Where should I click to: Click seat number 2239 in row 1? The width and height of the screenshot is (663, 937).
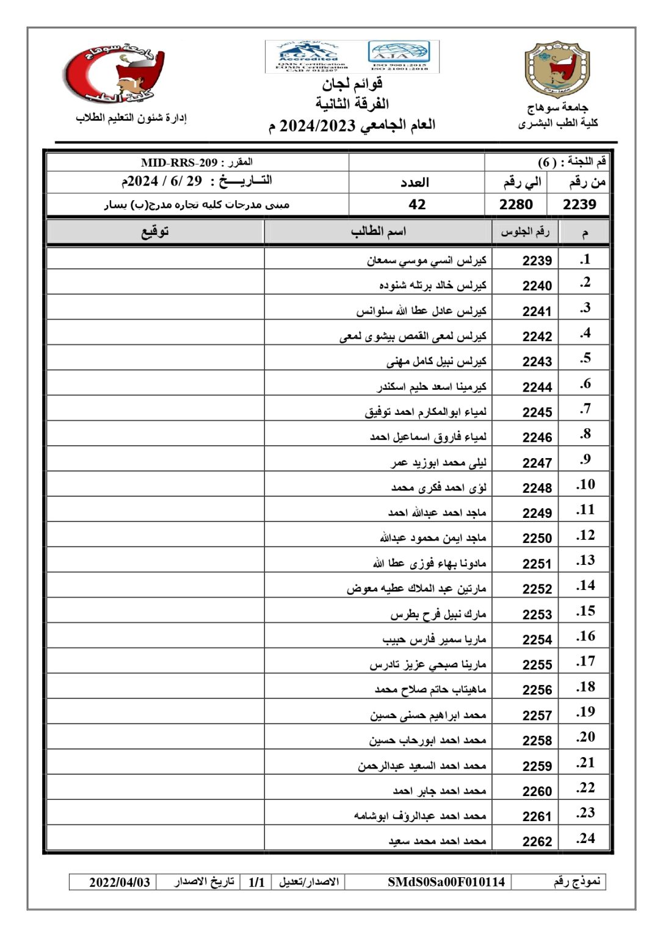[537, 260]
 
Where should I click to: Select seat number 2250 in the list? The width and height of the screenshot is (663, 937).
[537, 538]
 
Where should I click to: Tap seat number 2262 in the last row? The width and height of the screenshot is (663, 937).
[537, 841]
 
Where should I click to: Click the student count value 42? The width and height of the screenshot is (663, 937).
[417, 204]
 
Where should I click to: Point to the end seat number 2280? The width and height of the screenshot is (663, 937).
[516, 204]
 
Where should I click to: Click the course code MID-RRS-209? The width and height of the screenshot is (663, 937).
[179, 162]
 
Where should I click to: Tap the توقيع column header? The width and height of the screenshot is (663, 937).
[155, 231]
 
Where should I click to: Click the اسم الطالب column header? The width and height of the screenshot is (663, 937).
[379, 231]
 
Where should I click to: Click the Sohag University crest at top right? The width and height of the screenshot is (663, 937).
[557, 70]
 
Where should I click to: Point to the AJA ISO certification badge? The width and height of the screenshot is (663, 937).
[400, 57]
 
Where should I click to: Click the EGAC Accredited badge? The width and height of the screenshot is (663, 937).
[312, 57]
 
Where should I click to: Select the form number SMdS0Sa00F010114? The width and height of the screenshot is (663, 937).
[446, 882]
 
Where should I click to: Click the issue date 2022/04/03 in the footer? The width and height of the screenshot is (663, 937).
[120, 882]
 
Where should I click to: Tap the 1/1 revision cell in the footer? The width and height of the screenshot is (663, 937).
[256, 882]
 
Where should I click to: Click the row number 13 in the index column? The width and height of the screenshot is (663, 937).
[585, 561]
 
